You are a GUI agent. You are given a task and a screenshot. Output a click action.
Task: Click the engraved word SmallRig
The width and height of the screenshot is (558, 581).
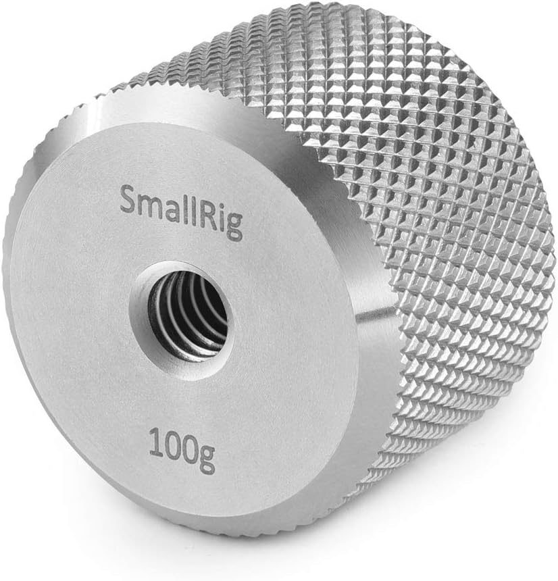click(181, 211)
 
